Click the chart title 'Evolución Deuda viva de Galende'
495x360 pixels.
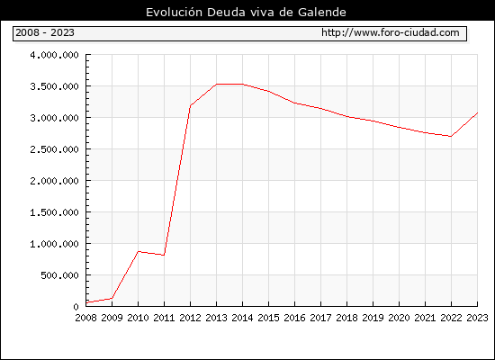(246, 13)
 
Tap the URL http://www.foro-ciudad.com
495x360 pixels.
(391, 32)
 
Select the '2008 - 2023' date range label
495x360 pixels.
(45, 32)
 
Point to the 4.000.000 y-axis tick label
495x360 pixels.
(54, 55)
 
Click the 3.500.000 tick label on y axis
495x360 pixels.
(54, 86)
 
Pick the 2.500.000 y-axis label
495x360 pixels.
(54, 149)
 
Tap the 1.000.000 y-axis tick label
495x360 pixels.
(54, 244)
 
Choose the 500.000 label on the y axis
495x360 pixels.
(59, 275)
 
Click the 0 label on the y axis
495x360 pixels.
(76, 307)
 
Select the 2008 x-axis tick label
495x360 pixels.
(85, 318)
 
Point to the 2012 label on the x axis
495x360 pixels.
(191, 318)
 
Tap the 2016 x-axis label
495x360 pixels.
(294, 318)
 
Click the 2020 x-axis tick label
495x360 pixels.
(399, 318)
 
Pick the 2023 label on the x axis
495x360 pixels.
(477, 318)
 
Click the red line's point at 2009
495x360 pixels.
(112, 298)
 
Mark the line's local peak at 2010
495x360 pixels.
(139, 251)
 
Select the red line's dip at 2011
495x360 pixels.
(164, 256)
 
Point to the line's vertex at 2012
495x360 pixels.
(191, 106)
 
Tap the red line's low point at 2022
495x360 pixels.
(451, 137)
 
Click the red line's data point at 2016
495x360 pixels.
(294, 103)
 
